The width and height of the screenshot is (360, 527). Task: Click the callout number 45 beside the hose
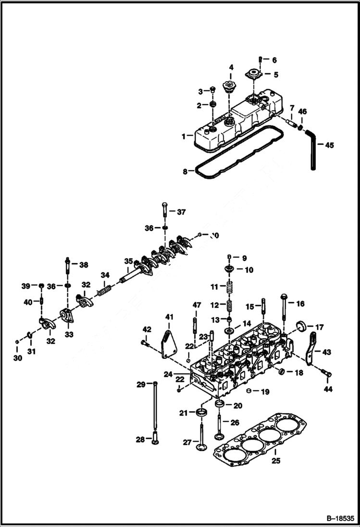[329, 145]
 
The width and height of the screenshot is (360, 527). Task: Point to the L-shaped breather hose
[312, 150]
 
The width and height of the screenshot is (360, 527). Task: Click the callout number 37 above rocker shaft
[181, 212]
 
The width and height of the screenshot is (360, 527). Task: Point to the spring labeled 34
[105, 291]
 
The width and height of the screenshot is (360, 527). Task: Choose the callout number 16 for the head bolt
[300, 304]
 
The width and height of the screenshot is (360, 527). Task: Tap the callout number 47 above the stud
[197, 305]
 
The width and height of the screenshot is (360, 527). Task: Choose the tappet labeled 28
[154, 439]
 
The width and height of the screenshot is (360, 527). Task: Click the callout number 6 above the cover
[274, 61]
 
